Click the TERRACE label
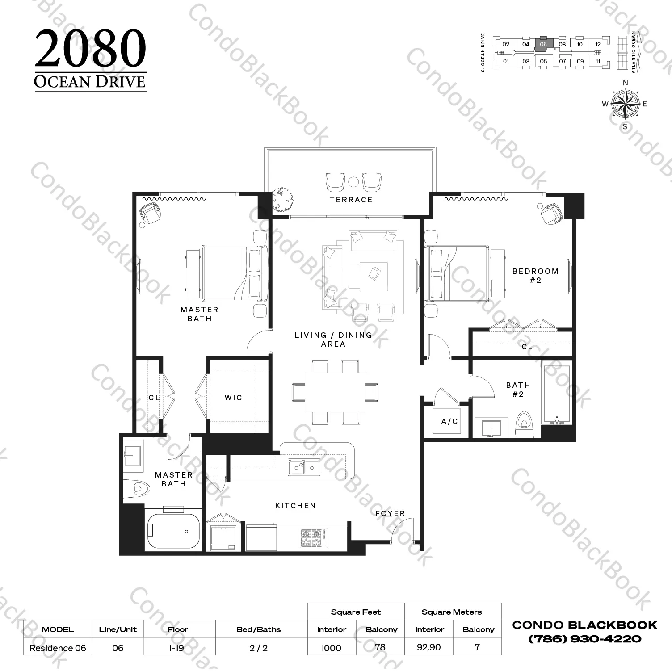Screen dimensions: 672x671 351,200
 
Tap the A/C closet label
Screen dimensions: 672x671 449,421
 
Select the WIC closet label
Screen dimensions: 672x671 233,398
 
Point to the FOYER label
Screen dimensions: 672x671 390,513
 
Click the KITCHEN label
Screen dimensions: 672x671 295,506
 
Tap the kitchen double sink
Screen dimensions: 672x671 304,467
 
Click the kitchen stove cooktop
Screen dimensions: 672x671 313,538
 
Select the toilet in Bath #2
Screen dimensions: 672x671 522,424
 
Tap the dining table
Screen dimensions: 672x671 335,392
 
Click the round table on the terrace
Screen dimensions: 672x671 353,181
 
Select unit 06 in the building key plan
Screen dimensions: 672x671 543,44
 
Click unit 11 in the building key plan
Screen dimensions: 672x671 598,61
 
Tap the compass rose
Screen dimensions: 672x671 625,104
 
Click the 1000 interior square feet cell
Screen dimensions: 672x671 331,648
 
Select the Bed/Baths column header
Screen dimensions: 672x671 259,629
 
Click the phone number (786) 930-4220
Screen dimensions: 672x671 585,638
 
